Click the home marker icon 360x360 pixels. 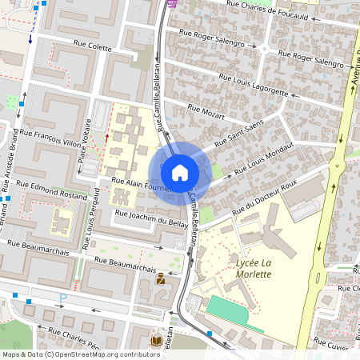click(180, 172)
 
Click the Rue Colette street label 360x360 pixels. click(93, 47)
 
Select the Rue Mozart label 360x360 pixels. click(203, 110)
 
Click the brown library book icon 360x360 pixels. click(157, 341)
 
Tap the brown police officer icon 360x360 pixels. click(162, 278)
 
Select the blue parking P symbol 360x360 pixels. click(63, 298)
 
